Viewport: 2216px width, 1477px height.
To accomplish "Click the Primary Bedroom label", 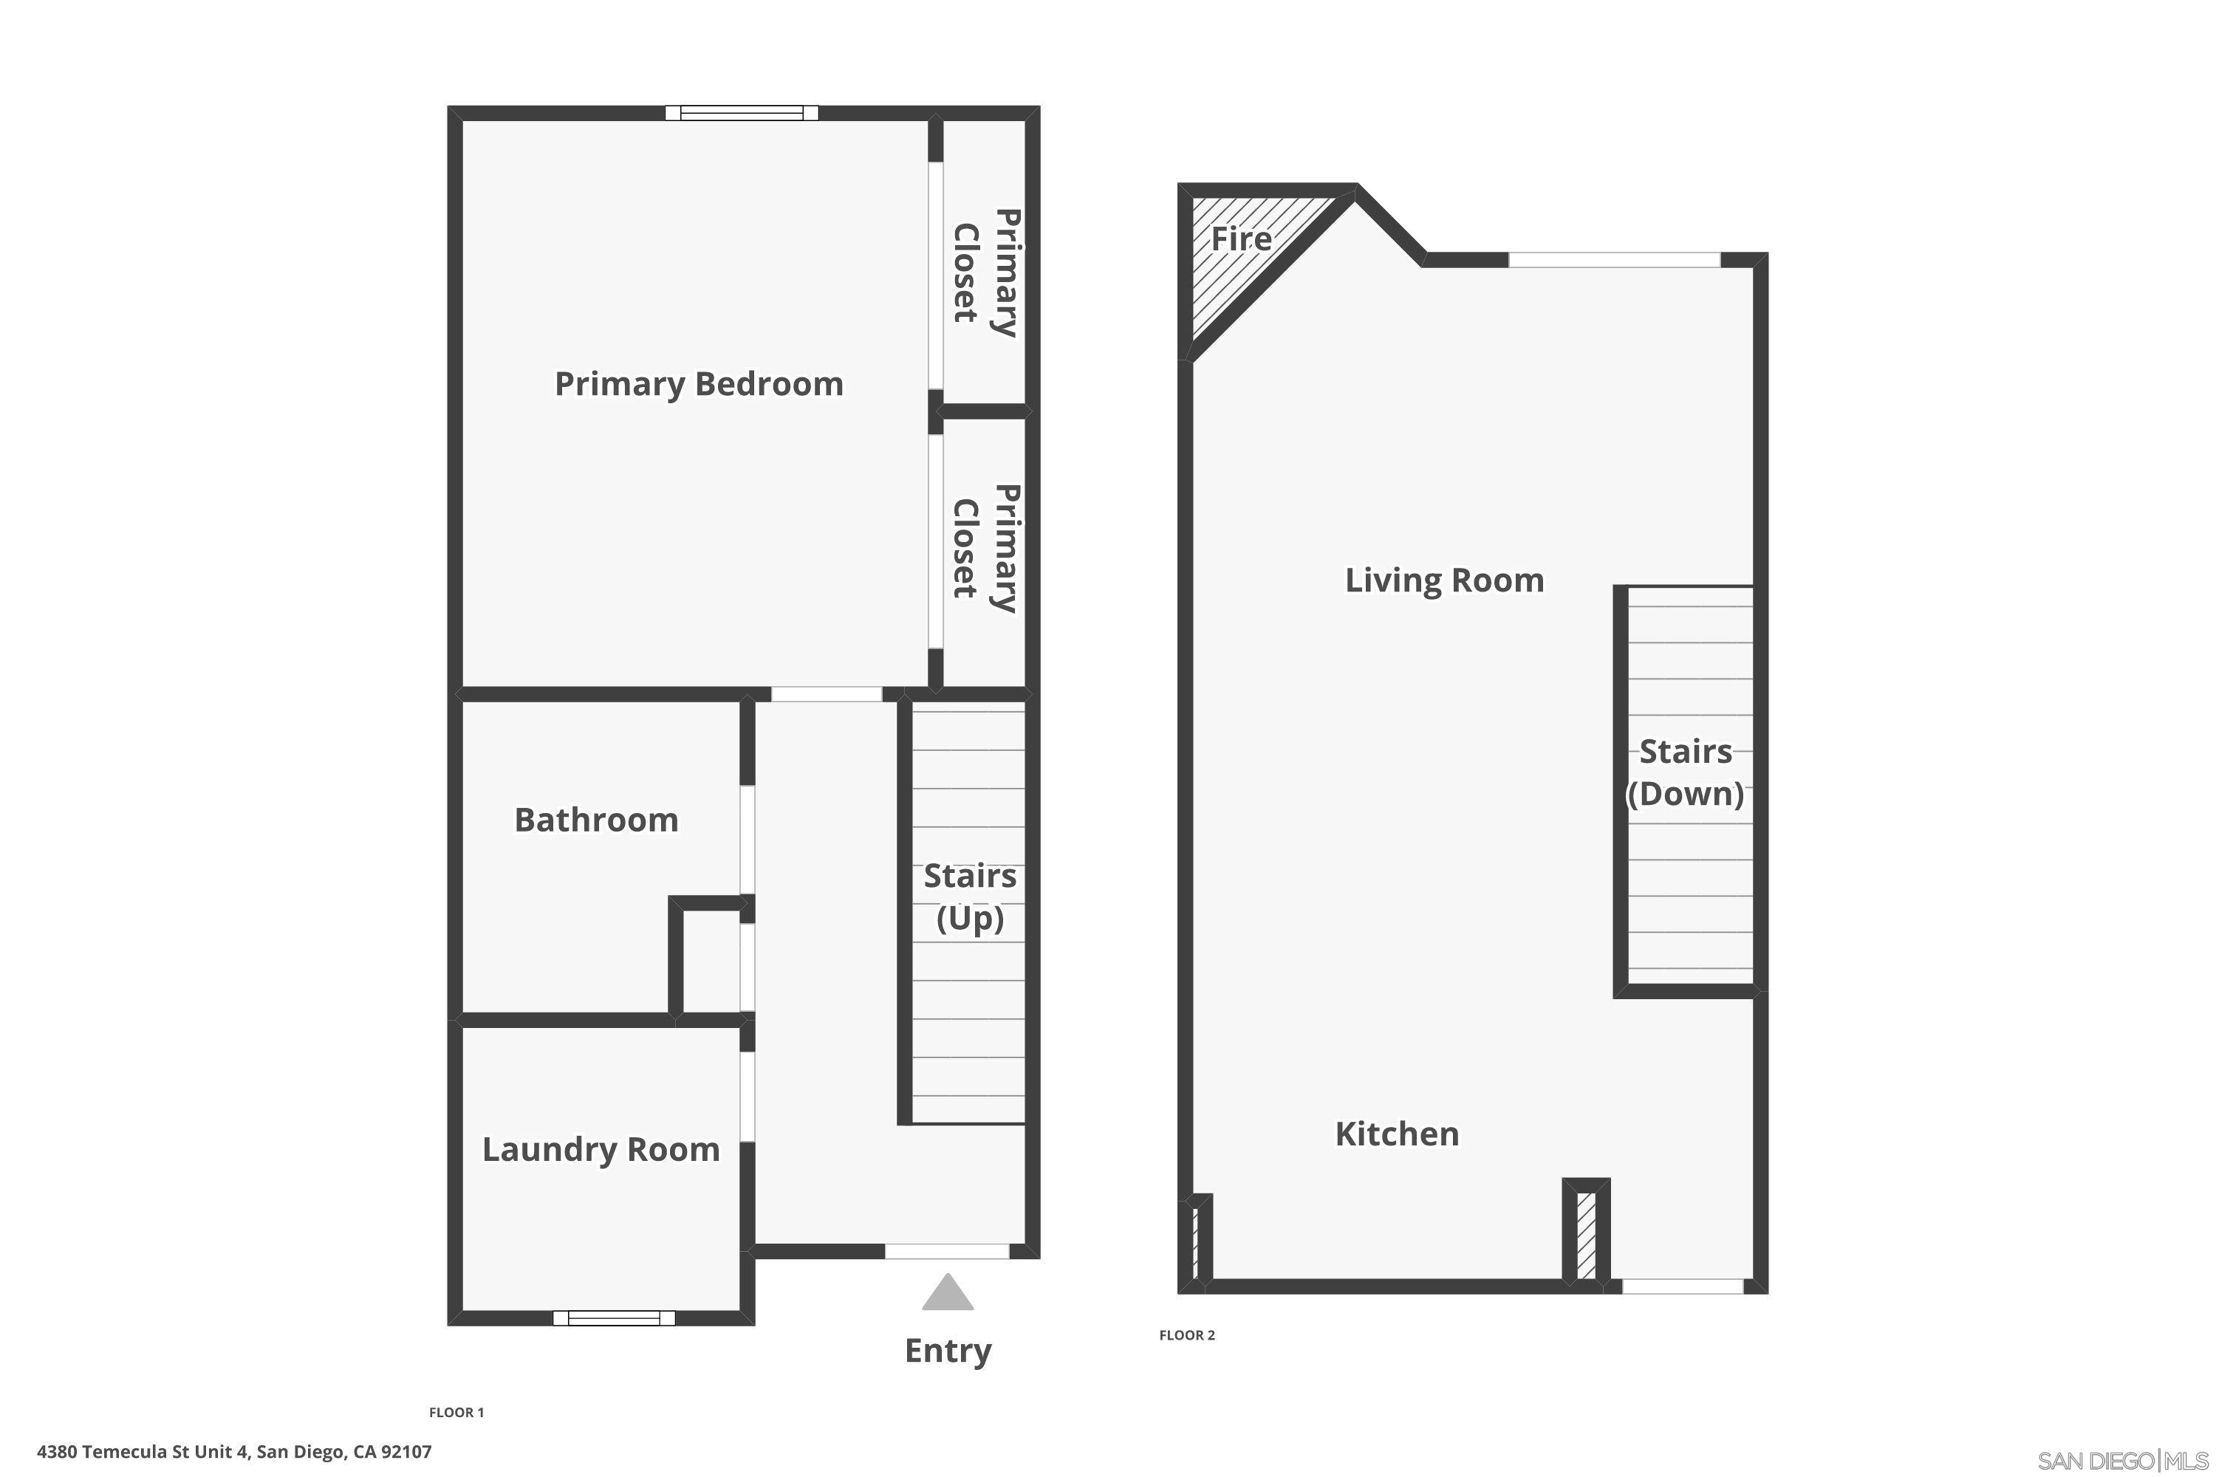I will (x=698, y=384).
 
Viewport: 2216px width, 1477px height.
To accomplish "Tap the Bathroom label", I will (x=596, y=820).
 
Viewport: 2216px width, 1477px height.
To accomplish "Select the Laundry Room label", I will (x=601, y=1149).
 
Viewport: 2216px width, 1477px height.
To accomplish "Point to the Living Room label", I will (x=1444, y=580).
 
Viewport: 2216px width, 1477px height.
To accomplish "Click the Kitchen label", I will (x=1398, y=1134).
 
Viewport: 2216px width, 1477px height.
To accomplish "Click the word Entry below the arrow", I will (x=948, y=1351).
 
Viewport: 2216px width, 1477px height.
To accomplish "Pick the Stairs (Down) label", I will (x=1686, y=772).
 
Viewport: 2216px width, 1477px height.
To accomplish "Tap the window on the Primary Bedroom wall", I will (x=742, y=113).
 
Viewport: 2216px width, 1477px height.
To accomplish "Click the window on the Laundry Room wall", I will (x=613, y=1317).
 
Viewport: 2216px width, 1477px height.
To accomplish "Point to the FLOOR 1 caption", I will (x=456, y=1412).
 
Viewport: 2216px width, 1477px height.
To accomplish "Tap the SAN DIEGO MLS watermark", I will (x=2124, y=1461).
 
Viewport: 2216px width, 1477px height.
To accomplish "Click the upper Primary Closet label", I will (x=985, y=273).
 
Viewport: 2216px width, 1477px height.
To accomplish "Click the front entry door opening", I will (x=947, y=1251).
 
